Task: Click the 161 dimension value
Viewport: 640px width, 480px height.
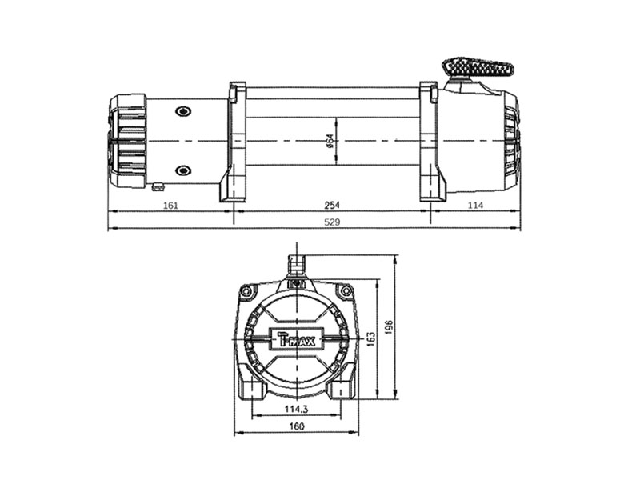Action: pos(170,205)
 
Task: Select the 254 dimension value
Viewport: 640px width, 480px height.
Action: pos(332,205)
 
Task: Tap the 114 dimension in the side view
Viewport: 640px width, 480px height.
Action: pos(475,205)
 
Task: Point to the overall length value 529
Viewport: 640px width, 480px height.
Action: pos(332,222)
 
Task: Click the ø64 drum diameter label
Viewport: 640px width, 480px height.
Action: pos(330,141)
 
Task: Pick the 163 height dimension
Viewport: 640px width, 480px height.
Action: pos(371,339)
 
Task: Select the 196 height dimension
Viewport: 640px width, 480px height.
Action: pos(389,327)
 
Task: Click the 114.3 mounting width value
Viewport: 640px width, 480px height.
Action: pos(296,409)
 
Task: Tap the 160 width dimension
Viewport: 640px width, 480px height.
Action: pos(297,426)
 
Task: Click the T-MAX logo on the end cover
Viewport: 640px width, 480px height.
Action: pos(297,338)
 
